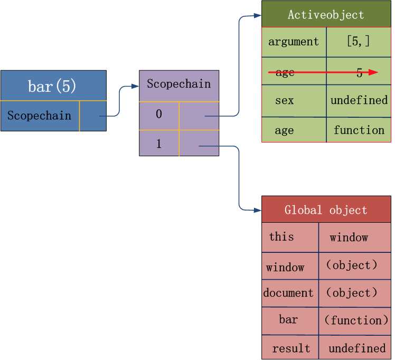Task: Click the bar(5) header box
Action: coord(53,86)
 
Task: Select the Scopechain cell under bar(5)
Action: coord(40,116)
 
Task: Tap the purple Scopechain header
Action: coord(178,84)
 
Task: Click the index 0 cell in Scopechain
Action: coord(159,114)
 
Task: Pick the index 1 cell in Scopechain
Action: coord(159,143)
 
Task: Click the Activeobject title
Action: coord(326,15)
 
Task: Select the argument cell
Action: coord(294,42)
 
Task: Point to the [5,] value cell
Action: coord(359,42)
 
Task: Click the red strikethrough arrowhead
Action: coord(373,72)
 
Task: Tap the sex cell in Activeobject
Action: coord(284,100)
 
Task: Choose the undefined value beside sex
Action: coord(359,100)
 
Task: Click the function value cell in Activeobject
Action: coord(359,130)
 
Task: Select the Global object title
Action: coord(326,210)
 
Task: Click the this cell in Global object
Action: coord(281,236)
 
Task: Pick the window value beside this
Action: coord(349,238)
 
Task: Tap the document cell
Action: coord(288,293)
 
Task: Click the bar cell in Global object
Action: coord(288,319)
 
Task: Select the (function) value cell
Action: coord(355,320)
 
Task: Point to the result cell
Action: coord(291,348)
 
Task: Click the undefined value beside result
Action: coord(357,348)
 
